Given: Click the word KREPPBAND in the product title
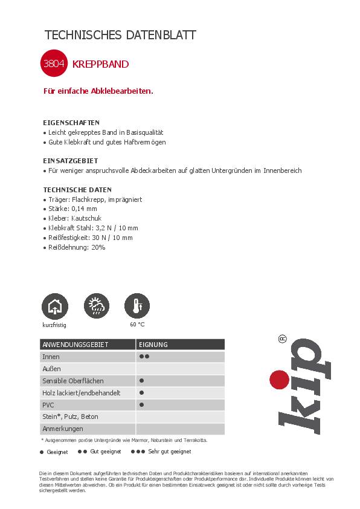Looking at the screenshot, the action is click(100, 64).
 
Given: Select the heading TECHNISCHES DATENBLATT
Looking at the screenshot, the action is click(121, 35).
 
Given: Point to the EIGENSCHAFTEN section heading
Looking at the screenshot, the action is click(71, 122).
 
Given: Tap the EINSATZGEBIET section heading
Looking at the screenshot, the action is click(70, 161).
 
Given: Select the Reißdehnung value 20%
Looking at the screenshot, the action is click(97, 247).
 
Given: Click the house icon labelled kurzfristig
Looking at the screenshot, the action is click(54, 306).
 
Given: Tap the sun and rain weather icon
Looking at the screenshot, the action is click(96, 306).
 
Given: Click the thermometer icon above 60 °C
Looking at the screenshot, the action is click(137, 306).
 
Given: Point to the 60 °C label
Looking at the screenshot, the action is click(137, 325).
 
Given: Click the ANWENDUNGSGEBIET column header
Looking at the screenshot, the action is click(75, 345).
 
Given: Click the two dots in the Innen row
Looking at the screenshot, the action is click(144, 357).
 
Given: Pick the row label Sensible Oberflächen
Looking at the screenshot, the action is click(72, 381).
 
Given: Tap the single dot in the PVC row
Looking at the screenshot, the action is click(141, 404).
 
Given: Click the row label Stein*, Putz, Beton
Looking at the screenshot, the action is click(70, 417).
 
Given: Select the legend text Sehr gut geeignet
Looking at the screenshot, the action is click(169, 452).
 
